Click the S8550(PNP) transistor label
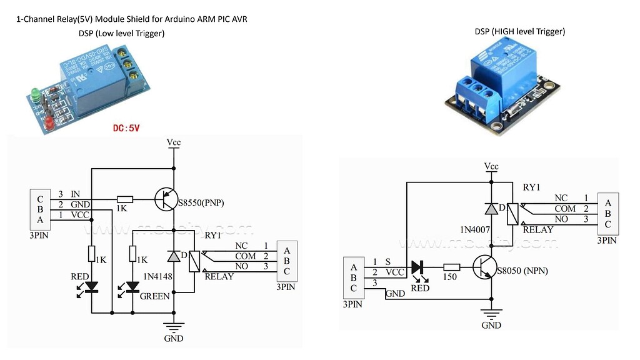pyautogui.click(x=201, y=202)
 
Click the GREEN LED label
pyautogui.click(x=155, y=296)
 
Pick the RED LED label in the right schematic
pyautogui.click(x=420, y=288)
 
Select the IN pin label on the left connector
pyautogui.click(x=76, y=194)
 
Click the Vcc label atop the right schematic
pyautogui.click(x=492, y=166)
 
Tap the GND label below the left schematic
pyautogui.click(x=173, y=338)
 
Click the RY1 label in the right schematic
pyautogui.click(x=531, y=187)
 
